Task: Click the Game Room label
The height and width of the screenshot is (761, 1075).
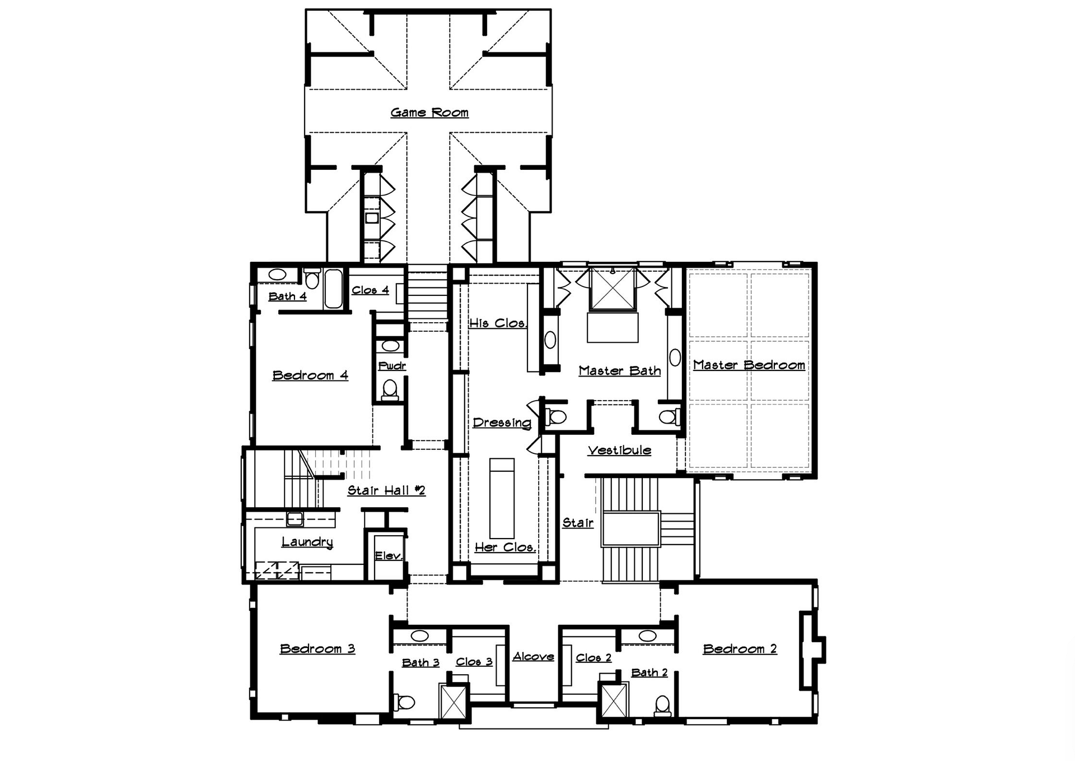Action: (x=429, y=113)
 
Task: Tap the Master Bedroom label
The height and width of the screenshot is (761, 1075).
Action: (x=749, y=365)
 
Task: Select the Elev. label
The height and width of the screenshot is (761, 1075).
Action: (x=389, y=555)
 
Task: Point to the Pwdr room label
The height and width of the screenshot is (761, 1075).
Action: (x=392, y=366)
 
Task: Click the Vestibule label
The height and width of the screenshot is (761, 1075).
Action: (x=619, y=450)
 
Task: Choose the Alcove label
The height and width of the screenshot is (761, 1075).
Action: (x=534, y=656)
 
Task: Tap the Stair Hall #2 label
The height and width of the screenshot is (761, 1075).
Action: (x=386, y=490)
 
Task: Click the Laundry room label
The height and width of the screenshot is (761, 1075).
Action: (x=307, y=542)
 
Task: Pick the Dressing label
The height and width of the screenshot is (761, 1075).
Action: (x=502, y=423)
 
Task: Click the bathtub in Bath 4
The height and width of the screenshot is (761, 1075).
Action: (x=333, y=289)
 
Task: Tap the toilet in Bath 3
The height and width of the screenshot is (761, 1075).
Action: (x=404, y=702)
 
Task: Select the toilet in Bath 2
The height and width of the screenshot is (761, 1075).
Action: (x=662, y=705)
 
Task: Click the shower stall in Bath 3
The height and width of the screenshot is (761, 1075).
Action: (x=453, y=702)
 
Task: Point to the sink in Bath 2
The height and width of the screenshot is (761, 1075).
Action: (x=647, y=636)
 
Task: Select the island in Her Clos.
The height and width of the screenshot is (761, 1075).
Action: (x=502, y=498)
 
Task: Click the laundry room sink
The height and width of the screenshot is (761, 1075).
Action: (x=295, y=519)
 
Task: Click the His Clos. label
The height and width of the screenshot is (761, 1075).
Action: (x=498, y=323)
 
